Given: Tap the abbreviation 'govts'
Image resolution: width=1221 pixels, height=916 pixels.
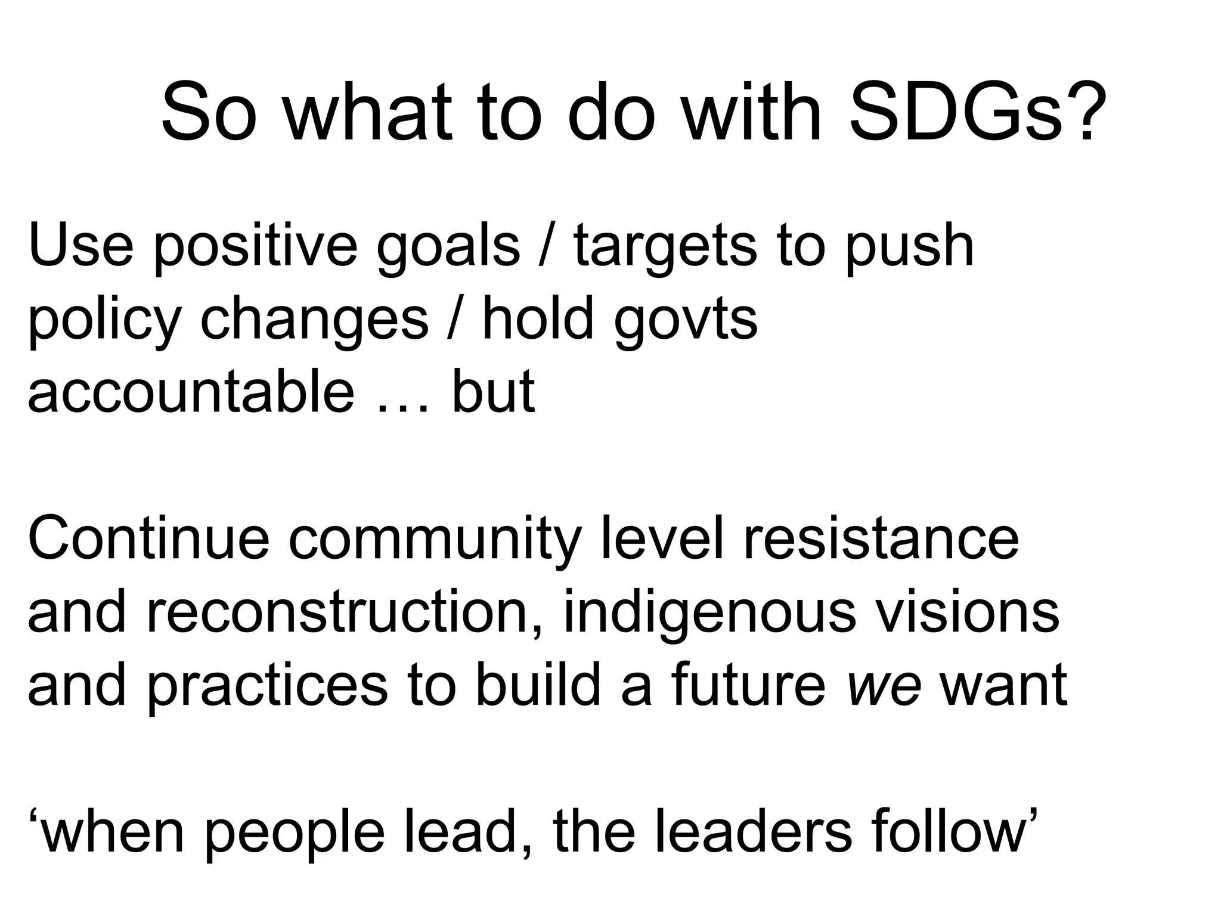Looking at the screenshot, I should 686,321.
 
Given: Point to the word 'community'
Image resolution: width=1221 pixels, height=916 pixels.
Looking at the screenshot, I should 435,541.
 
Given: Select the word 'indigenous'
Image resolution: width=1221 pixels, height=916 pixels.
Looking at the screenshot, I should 709,614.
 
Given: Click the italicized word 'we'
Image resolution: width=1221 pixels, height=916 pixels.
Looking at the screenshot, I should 884,687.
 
